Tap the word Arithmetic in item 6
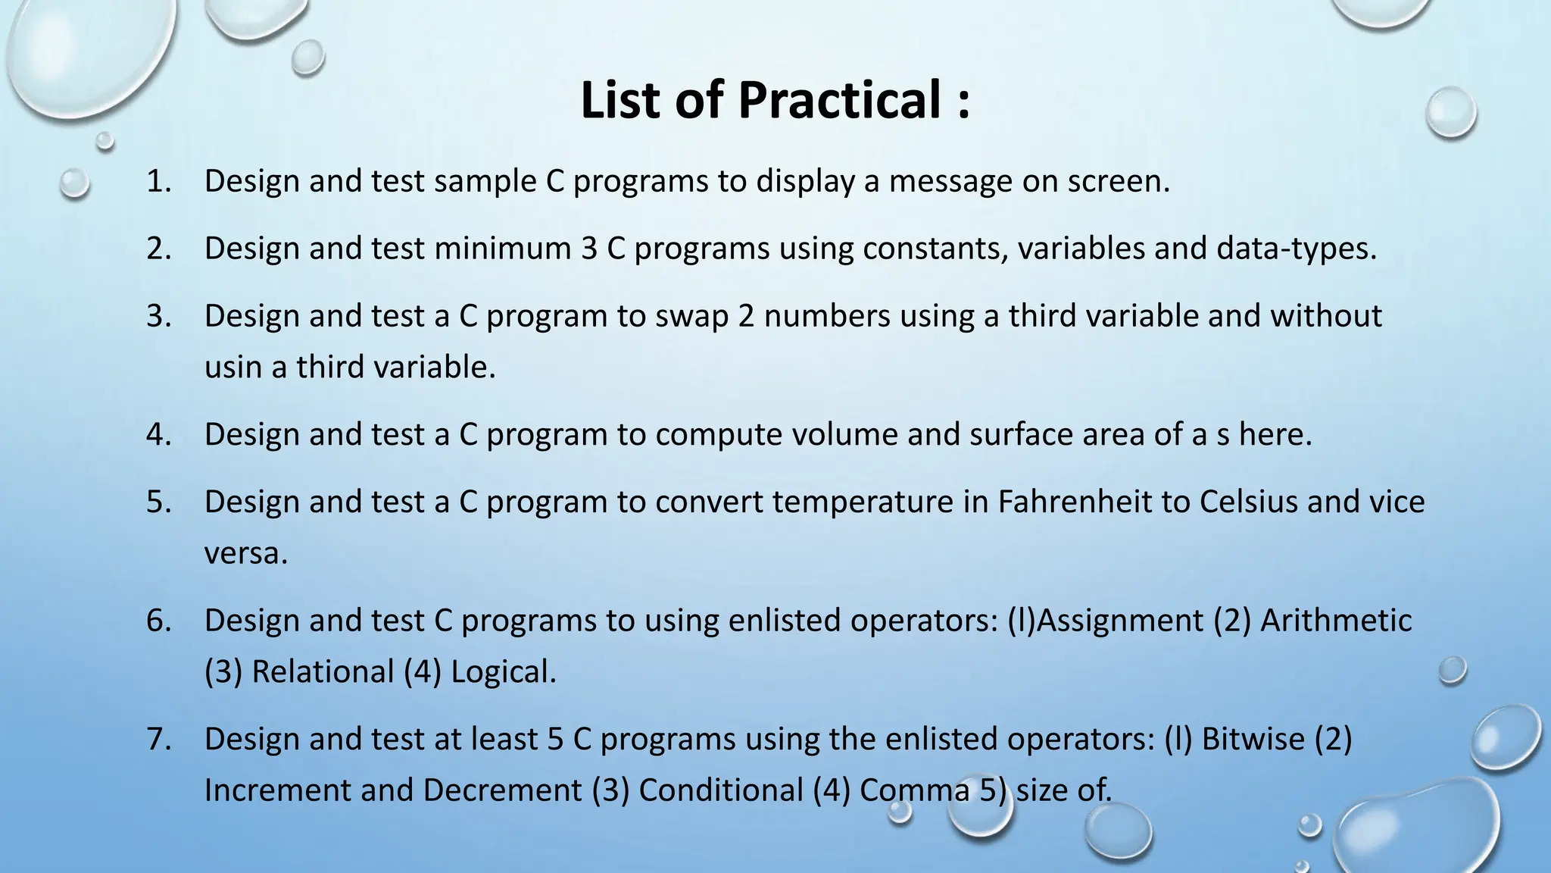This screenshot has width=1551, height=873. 1336,621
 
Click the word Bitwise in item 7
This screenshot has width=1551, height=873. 1253,739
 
